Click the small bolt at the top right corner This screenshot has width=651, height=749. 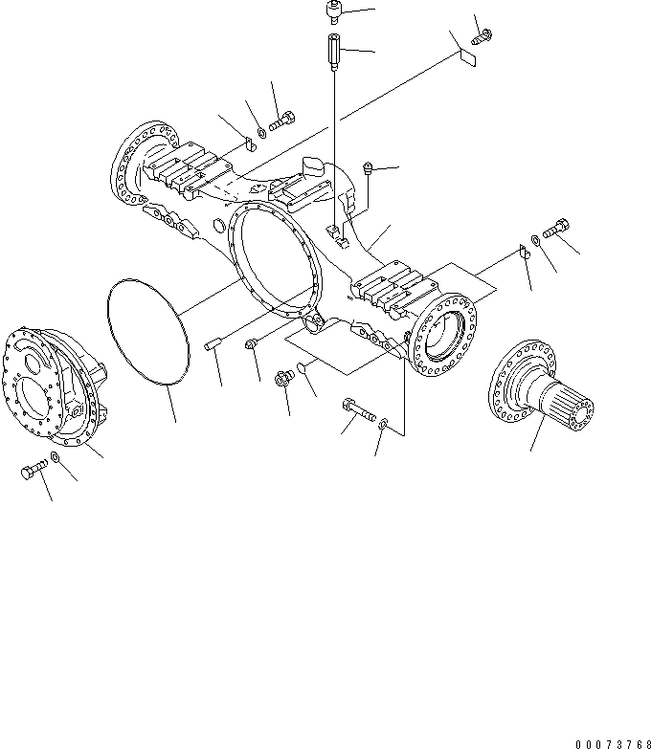(483, 37)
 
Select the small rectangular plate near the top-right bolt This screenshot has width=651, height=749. (467, 56)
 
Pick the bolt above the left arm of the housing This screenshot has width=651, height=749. (283, 122)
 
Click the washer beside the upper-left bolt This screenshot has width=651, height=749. (263, 130)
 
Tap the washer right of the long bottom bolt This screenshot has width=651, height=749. (383, 424)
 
